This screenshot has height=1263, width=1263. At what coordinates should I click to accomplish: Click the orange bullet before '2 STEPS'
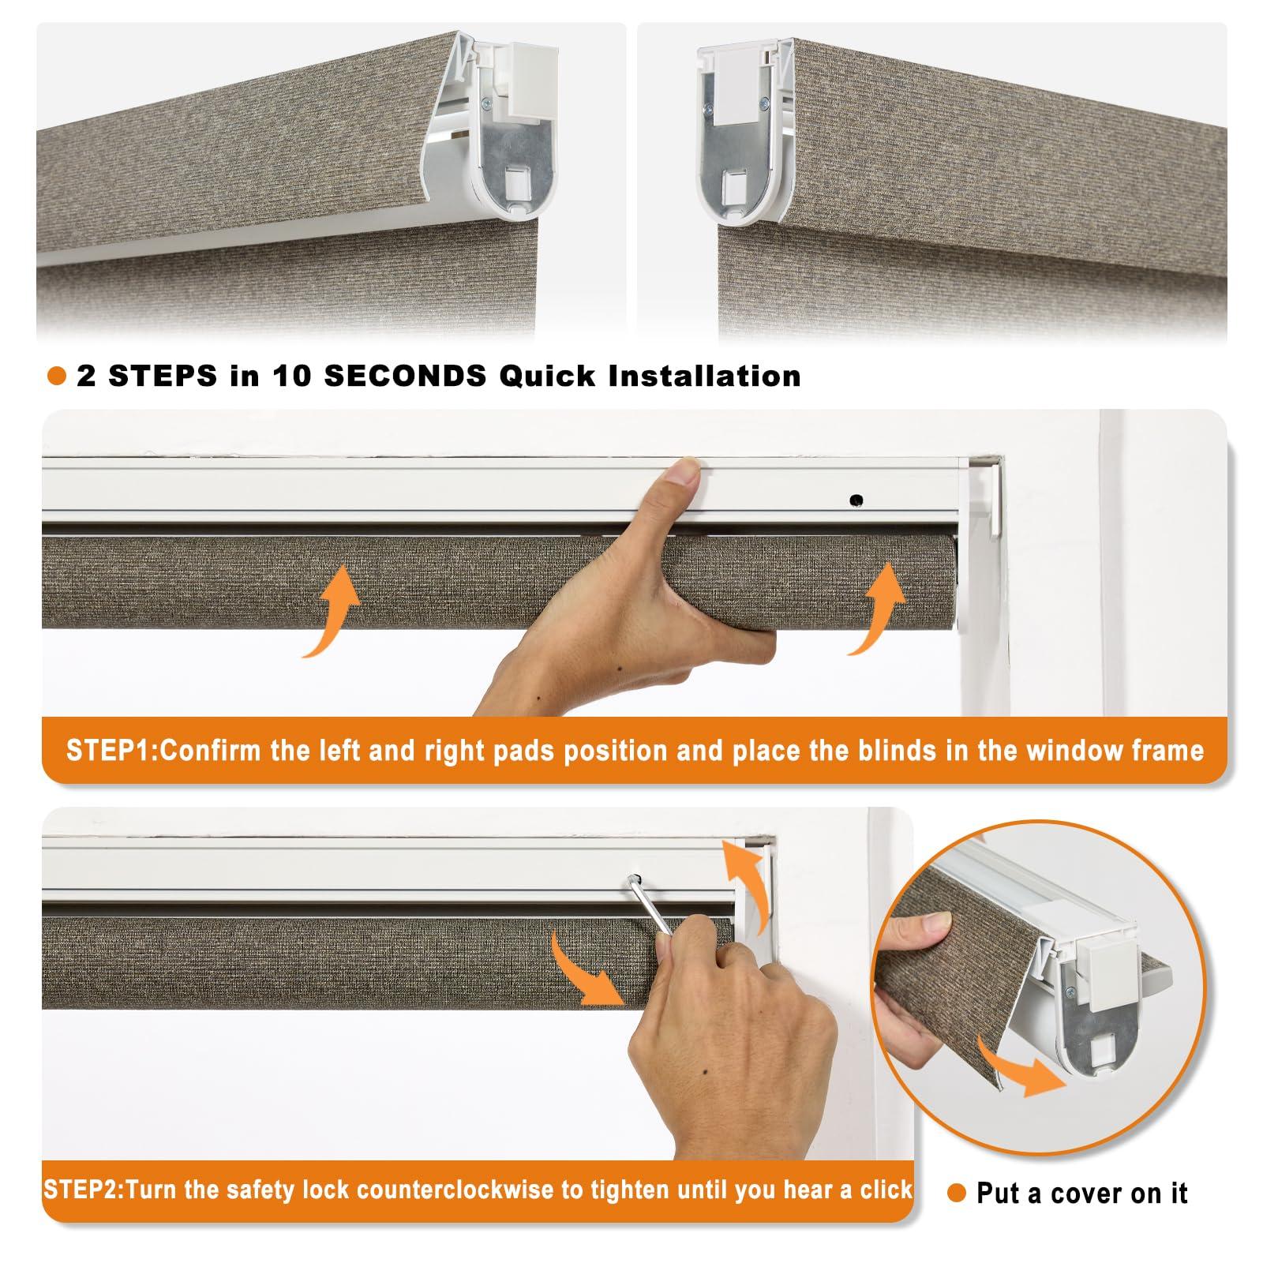coord(57,377)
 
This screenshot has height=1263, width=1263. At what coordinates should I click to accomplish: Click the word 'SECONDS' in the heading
coord(405,377)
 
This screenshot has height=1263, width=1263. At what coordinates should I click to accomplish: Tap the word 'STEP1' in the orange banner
coord(110,750)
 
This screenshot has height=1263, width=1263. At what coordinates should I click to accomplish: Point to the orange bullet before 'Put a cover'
coord(957,1194)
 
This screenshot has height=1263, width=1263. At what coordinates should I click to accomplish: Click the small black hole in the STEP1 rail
coord(856,500)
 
